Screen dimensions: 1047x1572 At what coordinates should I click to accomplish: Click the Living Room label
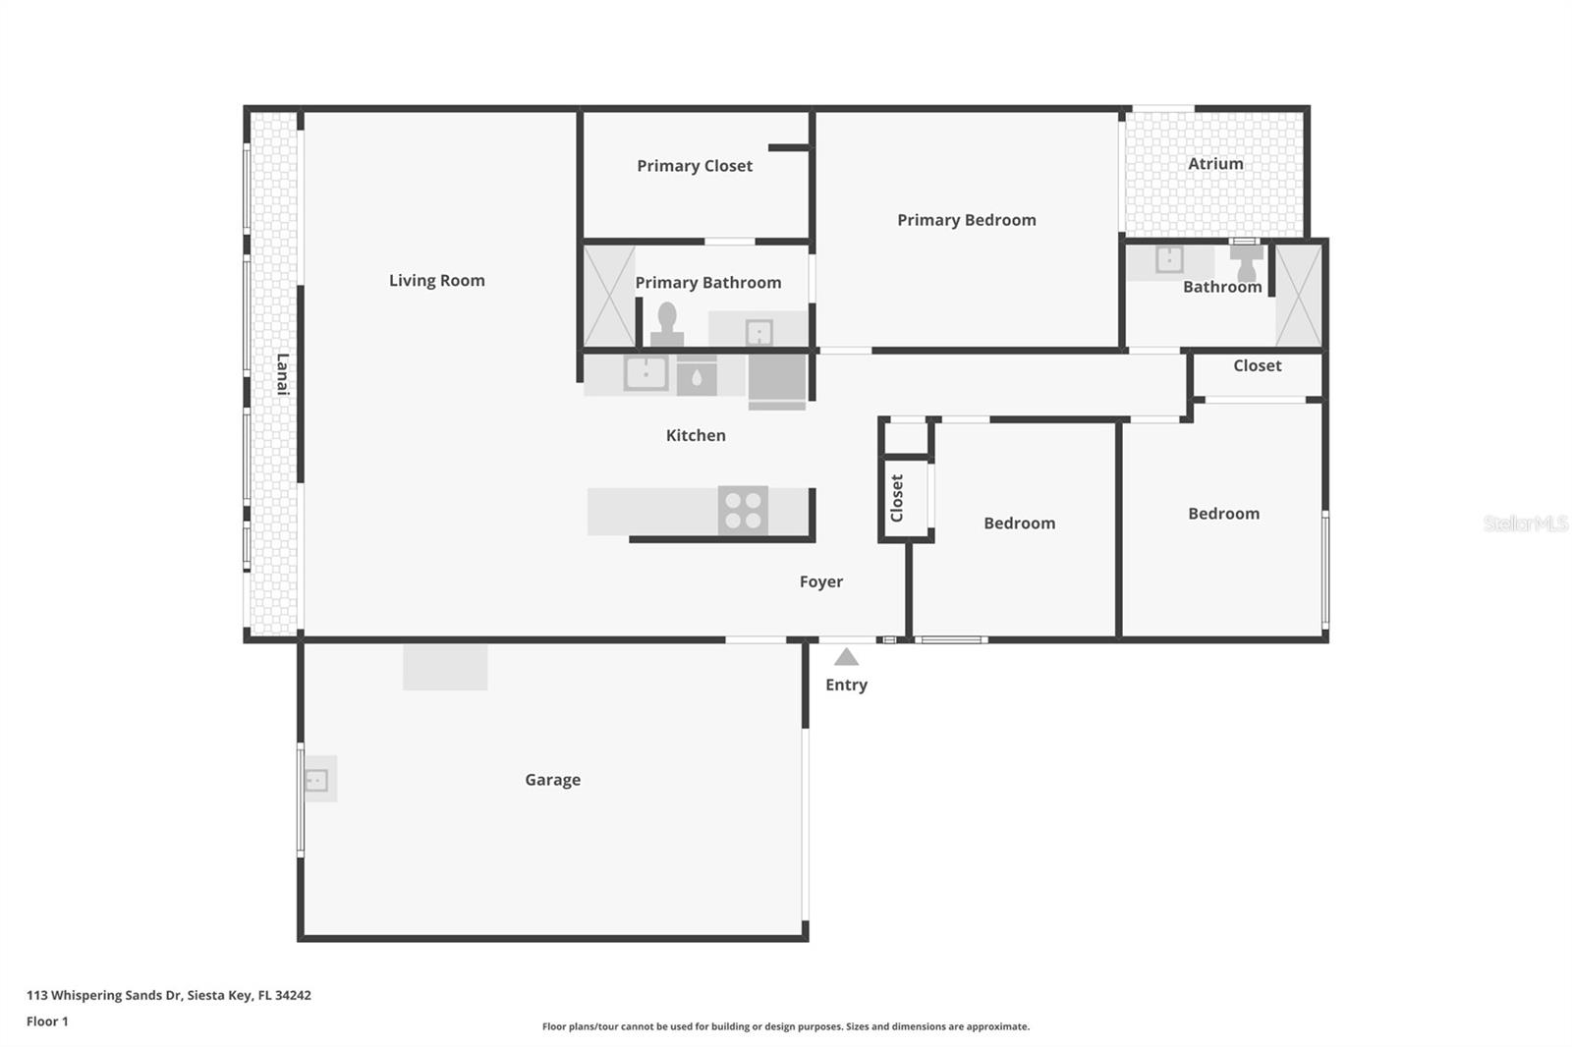point(436,281)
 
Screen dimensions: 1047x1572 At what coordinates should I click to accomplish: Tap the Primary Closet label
point(694,166)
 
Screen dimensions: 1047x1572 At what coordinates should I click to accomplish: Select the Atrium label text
point(1215,164)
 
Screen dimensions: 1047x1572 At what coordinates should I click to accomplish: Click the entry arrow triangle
point(846,657)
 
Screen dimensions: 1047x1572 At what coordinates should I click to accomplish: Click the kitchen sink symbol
point(646,373)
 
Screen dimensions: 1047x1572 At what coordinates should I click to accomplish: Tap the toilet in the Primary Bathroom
point(667,325)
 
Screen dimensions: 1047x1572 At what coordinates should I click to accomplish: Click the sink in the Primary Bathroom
point(758,332)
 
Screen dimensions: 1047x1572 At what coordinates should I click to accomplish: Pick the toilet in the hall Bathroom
point(1246,260)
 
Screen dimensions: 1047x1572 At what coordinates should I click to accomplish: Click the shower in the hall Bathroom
point(1299,296)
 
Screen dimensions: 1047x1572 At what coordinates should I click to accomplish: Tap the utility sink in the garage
point(317,780)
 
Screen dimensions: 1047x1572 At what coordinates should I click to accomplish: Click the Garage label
point(552,780)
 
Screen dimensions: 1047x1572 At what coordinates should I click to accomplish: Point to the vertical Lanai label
point(282,374)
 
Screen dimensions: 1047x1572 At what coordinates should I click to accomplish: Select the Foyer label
point(820,581)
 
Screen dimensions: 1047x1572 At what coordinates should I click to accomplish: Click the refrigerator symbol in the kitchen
point(777,379)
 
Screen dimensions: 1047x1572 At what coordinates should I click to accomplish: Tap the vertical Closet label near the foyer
point(896,498)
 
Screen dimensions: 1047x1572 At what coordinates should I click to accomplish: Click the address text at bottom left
point(169,995)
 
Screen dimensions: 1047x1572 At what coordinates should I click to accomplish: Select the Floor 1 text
point(47,1021)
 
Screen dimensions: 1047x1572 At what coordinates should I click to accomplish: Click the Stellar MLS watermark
point(1525,523)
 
